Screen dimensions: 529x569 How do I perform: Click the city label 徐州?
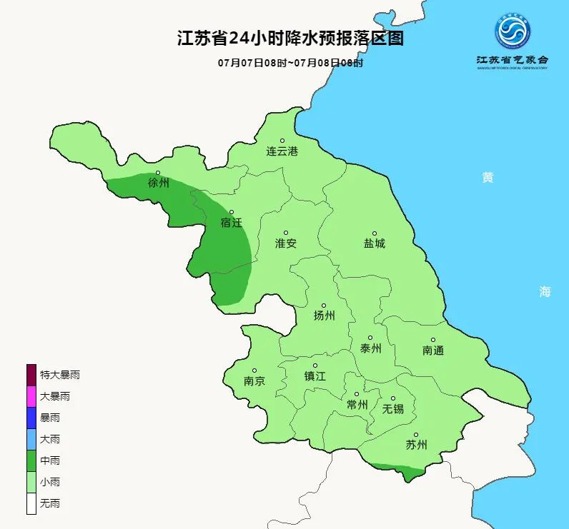point(159,183)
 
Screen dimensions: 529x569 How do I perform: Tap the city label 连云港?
point(282,151)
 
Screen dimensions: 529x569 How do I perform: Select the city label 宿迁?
point(232,223)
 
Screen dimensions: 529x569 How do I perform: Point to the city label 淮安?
point(286,243)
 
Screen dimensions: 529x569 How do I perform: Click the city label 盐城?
point(374,243)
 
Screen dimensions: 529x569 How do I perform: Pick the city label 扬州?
point(324,316)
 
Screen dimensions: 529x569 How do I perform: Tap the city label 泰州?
point(370,348)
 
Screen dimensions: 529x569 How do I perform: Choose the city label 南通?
point(433,351)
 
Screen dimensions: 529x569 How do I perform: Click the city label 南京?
point(254,381)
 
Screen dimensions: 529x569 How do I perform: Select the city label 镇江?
point(315,376)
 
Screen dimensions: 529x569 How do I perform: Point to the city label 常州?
point(357,405)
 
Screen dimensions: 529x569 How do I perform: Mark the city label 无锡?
point(392,409)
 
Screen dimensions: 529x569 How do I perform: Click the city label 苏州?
point(416,445)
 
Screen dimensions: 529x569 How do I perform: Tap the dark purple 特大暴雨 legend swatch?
point(31,374)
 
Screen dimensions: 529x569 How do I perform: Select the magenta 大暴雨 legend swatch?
point(31,396)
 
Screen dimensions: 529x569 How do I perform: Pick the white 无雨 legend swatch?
point(31,503)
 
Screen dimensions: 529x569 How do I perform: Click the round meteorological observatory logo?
point(513,31)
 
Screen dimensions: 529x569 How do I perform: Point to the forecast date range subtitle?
point(290,63)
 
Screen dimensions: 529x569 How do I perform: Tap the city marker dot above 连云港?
point(282,141)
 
